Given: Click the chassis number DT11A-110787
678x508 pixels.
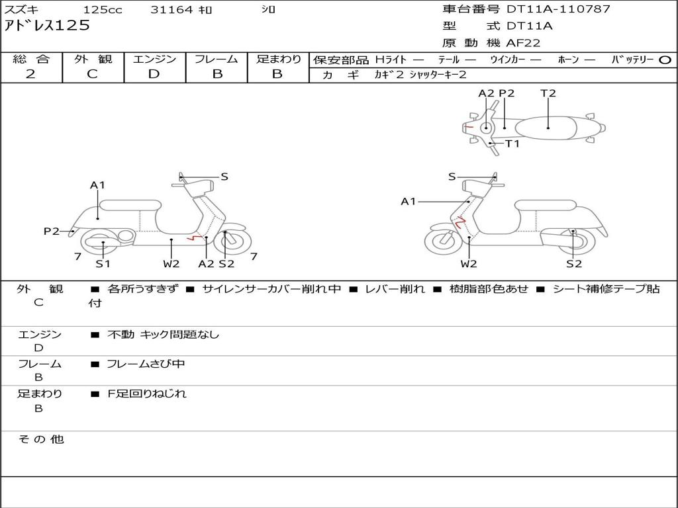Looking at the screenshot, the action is pos(558,9).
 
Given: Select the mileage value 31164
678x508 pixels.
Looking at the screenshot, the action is pos(171,10).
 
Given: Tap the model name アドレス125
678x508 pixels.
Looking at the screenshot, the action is pos(47,26).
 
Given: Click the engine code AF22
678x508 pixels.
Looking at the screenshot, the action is pos(523,43).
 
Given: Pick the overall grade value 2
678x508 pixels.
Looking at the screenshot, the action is pos(30,74).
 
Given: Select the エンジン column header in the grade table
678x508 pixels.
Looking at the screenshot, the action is pos(154,59).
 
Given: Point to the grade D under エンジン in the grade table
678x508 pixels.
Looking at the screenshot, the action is pos(154,74).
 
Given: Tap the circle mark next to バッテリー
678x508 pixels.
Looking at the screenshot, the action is pos(665,60).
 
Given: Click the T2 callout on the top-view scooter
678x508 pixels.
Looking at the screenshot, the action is pos(548,93).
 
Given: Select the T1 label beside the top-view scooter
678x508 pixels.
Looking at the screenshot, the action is pos(512,143).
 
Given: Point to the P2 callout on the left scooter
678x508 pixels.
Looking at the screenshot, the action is pos(52,231).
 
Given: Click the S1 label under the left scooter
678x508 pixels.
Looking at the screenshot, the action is pos(103,264).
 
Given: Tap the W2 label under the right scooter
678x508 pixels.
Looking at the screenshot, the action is pos(469,264).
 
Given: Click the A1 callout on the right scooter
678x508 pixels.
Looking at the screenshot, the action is pos(409,201).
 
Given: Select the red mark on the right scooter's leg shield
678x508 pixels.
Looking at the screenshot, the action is pos(458,222).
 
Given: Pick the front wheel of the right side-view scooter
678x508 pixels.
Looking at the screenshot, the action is pos(443,241).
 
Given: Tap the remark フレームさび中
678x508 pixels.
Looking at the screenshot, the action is pos(146,364).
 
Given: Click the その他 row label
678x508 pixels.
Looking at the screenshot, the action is pos(41,439).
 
